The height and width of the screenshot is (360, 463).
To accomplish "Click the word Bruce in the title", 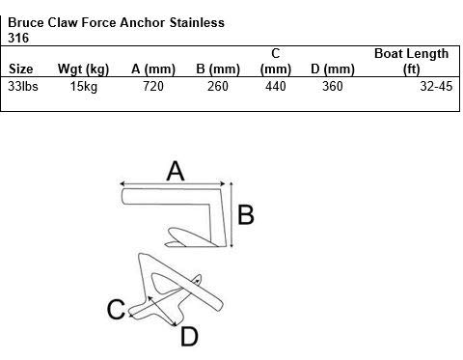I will click(26, 22).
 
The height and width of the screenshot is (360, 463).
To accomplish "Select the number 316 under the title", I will click(17, 38).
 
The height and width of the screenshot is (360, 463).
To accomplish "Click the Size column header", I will click(20, 69).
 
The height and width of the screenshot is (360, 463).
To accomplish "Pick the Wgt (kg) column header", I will click(84, 69).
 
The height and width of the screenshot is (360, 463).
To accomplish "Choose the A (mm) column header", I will click(152, 69).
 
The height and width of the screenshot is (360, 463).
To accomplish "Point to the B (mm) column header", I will click(217, 69).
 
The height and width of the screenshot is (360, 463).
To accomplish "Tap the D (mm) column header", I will click(332, 69).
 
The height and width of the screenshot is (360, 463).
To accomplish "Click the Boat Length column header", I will click(411, 54).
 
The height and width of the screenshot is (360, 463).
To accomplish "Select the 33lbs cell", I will click(22, 87).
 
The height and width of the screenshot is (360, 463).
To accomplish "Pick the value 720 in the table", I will click(153, 87).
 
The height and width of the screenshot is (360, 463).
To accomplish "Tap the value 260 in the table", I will click(219, 87).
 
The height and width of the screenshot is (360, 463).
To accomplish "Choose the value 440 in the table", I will click(276, 87).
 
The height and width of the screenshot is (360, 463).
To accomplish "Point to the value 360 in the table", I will click(334, 87).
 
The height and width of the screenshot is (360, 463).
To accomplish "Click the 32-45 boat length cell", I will click(432, 87).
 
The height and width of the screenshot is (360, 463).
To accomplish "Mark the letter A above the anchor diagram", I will click(175, 171).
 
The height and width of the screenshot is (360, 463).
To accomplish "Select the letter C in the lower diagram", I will click(117, 310).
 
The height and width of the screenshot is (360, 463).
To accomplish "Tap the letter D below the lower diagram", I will click(189, 336).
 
